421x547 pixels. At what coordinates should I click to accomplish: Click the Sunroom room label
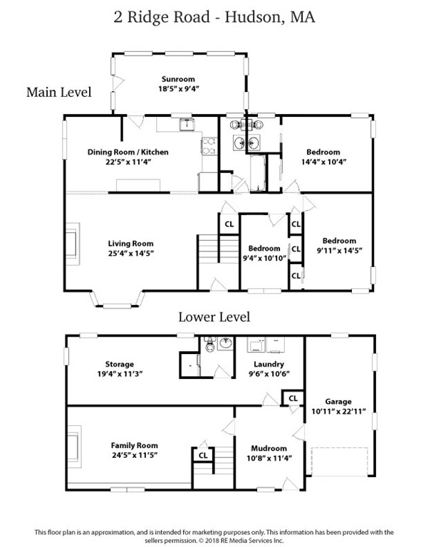coord(178,79)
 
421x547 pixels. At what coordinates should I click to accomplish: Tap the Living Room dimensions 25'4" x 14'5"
coord(131,254)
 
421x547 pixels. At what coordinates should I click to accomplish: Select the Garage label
coord(338,402)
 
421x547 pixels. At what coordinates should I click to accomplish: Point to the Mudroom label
coord(269,448)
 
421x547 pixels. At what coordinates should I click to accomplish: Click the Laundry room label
coord(269,365)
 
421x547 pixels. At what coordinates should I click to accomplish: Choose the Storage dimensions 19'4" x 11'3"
coord(120,374)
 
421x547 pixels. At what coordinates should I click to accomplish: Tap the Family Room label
coord(135,445)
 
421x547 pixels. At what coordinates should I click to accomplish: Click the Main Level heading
coord(59,92)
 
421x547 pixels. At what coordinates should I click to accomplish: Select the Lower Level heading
coord(214,317)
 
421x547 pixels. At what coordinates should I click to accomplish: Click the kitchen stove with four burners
coord(209,146)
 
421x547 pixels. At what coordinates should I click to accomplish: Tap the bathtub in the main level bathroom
coord(258,172)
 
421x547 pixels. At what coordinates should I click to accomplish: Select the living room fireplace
coord(73,244)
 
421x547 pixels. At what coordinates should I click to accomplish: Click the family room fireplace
coord(74,447)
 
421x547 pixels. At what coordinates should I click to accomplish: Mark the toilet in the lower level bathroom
coord(210,345)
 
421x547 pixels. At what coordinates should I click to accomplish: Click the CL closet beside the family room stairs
coord(203,455)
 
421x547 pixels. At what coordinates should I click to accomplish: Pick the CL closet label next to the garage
coord(293,398)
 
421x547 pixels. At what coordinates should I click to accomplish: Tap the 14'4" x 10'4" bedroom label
coord(323,157)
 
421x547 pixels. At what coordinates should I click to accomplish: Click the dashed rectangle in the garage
coord(339,462)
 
